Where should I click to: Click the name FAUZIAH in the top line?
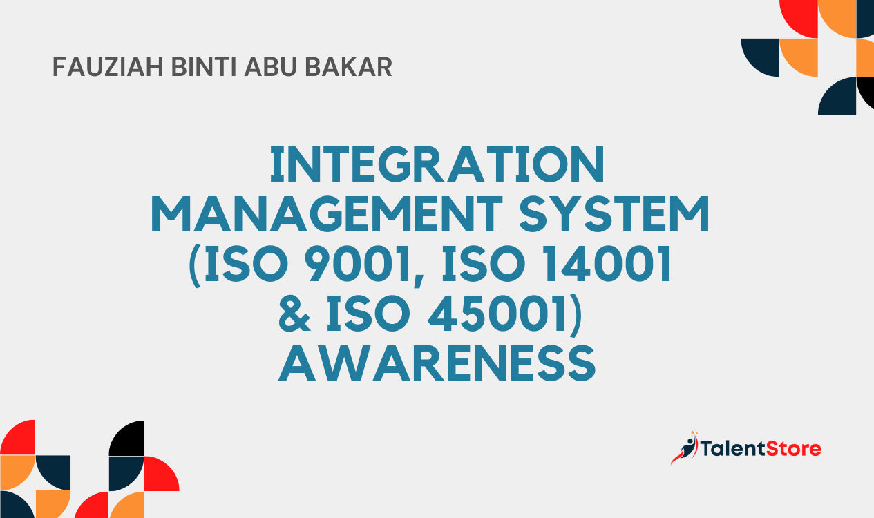coord(108,67)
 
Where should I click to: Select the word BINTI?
coord(204,67)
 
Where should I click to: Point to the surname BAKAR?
coord(348,67)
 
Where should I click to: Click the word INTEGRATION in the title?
coord(437,164)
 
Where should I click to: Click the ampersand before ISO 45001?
coord(294,314)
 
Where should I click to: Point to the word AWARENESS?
coord(437,363)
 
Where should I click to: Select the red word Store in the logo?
coord(794,449)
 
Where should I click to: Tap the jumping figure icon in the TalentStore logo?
coord(685,448)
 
